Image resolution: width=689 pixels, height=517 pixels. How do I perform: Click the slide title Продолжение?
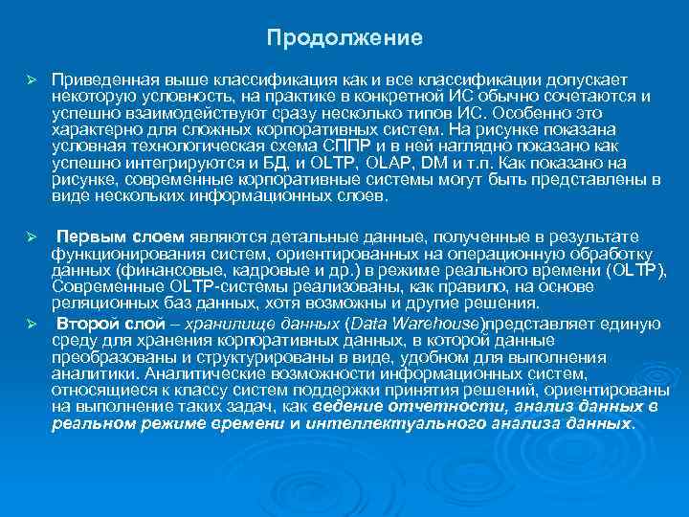click(x=344, y=39)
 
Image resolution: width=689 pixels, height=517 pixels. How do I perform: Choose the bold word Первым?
click(x=87, y=236)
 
